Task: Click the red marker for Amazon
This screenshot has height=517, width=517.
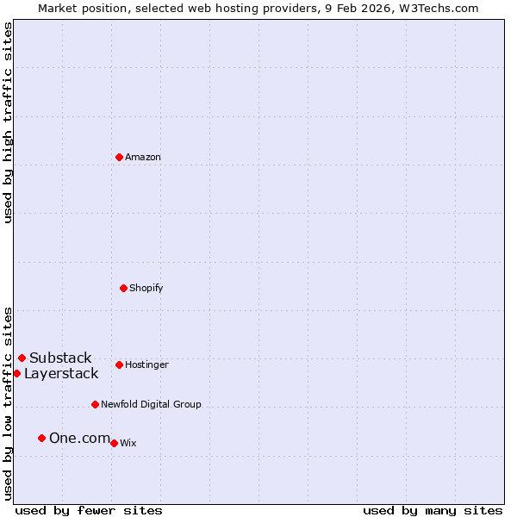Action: click(119, 157)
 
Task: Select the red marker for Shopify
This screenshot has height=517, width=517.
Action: click(123, 288)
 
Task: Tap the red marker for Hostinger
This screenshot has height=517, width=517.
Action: click(119, 364)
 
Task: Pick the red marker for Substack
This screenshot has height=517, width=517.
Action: click(22, 358)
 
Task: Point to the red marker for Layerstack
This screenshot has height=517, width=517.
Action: click(16, 373)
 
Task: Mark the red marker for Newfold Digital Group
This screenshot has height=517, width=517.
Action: click(95, 404)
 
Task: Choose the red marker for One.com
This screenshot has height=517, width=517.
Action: click(41, 438)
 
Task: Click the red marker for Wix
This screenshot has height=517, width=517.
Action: click(114, 443)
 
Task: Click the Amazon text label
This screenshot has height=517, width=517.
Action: click(143, 157)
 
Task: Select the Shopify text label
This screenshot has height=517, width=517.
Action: click(146, 288)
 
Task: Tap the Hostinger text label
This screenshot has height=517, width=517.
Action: click(146, 364)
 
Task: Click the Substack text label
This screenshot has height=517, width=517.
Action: click(60, 358)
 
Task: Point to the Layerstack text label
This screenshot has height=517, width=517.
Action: click(61, 373)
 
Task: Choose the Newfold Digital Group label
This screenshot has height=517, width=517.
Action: click(151, 404)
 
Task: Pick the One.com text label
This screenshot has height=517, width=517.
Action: click(79, 438)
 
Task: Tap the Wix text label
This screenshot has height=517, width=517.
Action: click(128, 443)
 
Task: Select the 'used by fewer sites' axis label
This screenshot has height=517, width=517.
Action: click(89, 510)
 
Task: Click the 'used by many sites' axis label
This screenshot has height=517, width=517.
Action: click(433, 510)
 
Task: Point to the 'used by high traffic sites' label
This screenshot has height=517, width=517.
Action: click(8, 122)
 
